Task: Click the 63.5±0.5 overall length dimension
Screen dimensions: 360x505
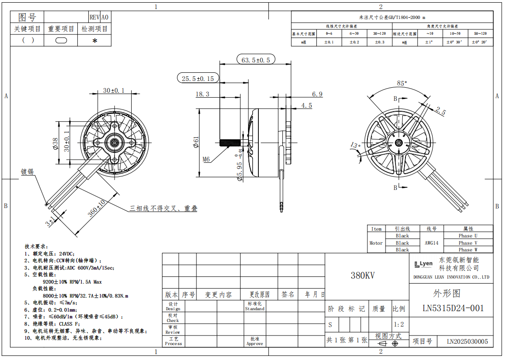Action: [255, 60]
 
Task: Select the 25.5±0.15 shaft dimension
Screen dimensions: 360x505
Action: [197, 78]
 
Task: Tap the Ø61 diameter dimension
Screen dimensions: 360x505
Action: [196, 142]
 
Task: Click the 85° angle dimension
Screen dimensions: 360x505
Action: [401, 83]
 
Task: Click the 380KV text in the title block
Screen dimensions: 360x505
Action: [362, 275]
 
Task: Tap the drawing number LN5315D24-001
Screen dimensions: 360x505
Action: [453, 308]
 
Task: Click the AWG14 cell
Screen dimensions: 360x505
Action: [431, 243]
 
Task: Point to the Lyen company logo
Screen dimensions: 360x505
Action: [423, 264]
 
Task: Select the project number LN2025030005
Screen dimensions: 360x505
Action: [467, 342]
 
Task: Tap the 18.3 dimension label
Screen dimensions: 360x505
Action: [202, 94]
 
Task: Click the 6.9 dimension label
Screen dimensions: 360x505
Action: [317, 94]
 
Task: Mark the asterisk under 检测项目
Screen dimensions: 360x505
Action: [95, 41]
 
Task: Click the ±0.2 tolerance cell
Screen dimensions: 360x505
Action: [354, 42]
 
